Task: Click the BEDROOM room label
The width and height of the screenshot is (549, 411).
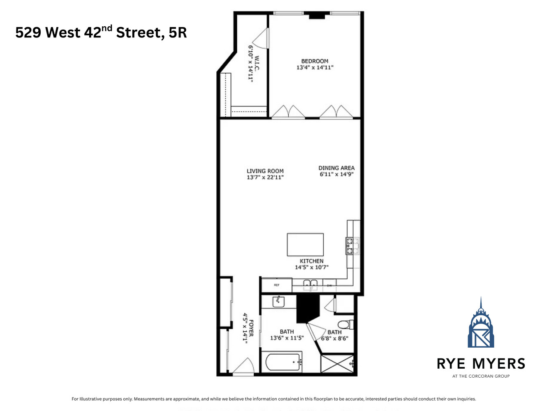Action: tap(315, 61)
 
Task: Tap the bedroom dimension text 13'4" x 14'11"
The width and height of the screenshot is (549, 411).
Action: tap(315, 67)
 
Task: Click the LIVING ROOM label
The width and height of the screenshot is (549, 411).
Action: tap(265, 171)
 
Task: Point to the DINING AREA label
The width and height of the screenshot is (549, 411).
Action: tap(336, 168)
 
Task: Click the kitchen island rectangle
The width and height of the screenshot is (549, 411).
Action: tap(305, 245)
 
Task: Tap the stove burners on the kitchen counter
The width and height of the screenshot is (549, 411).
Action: tap(350, 246)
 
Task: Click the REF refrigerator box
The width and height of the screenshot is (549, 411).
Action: tap(277, 285)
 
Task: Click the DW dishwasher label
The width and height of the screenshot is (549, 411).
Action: tap(329, 285)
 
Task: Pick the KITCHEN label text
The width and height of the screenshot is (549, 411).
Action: tap(311, 261)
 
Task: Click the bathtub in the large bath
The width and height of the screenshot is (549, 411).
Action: tap(284, 362)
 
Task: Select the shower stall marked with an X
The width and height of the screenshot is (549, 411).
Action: tap(337, 364)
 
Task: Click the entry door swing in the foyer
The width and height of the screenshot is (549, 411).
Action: tap(245, 367)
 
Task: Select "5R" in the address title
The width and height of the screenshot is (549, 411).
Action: tap(178, 32)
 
